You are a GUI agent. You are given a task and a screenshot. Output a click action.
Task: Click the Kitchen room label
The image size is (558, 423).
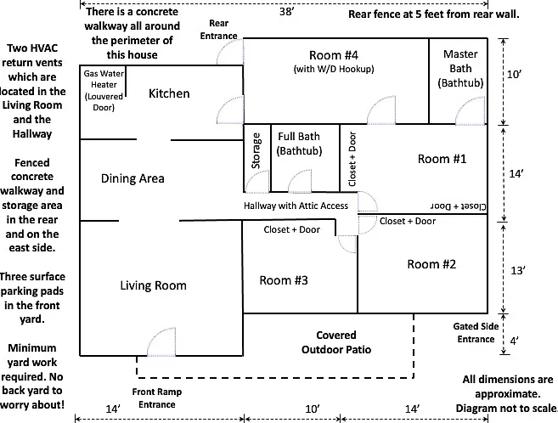pyautogui.click(x=169, y=93)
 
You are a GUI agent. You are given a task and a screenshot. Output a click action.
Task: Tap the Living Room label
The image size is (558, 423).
pyautogui.click(x=153, y=285)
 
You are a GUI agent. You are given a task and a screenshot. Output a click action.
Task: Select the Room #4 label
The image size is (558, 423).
pyautogui.click(x=334, y=55)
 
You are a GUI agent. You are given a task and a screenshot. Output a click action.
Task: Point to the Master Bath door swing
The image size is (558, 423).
pyautogui.click(x=471, y=110)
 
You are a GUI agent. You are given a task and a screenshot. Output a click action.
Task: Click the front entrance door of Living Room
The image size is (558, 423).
pyautogui.click(x=161, y=342)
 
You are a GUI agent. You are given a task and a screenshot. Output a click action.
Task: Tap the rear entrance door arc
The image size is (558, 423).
pyautogui.click(x=230, y=52)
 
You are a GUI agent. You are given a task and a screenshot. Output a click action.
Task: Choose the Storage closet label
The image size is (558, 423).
pyautogui.click(x=256, y=151)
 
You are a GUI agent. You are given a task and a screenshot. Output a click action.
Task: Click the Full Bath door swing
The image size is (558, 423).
pyautogui.click(x=300, y=181)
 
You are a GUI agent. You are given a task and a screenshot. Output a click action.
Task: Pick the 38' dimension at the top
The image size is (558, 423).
pyautogui.click(x=286, y=12)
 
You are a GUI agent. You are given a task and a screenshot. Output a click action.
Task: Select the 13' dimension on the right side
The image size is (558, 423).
pyautogui.click(x=518, y=271)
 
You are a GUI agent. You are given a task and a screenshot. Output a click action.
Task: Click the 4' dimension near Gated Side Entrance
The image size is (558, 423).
pyautogui.click(x=514, y=341)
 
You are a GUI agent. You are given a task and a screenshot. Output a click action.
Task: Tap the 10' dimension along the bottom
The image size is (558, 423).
pyautogui.click(x=313, y=409)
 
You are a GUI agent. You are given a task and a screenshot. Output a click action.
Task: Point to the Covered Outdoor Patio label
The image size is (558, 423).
pyautogui.click(x=336, y=342)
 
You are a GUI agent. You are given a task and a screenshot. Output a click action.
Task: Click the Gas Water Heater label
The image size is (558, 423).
pyautogui.click(x=104, y=90)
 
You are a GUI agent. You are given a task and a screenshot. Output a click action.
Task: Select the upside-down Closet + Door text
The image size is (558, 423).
pyautogui.click(x=459, y=206)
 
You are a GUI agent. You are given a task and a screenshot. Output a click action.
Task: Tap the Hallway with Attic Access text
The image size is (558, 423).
pyautogui.click(x=296, y=206)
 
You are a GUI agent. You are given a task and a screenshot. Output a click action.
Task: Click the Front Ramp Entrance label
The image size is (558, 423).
pyautogui.click(x=157, y=398)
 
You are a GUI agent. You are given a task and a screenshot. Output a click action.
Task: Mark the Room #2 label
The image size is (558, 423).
pyautogui.click(x=431, y=264)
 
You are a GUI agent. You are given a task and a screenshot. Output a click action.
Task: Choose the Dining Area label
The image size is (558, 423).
pyautogui.click(x=132, y=178)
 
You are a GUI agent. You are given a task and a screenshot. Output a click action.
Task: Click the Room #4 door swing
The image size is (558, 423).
pyautogui.click(x=381, y=110)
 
